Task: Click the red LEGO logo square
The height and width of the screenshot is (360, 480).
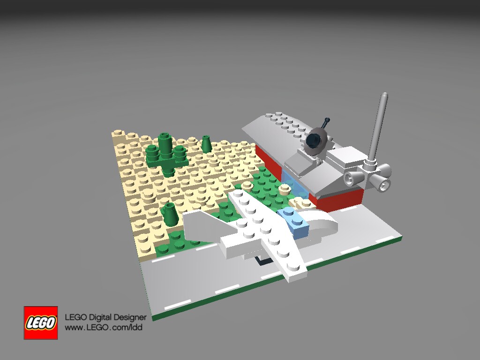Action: tap(41, 322)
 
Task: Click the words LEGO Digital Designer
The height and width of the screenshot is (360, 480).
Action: tap(105, 317)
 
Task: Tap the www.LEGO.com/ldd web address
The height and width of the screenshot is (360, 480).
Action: tap(104, 327)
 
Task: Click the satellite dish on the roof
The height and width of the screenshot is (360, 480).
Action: tap(317, 142)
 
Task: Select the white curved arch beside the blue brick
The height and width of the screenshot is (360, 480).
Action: tap(318, 222)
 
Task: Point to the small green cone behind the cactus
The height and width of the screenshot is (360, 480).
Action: tap(207, 143)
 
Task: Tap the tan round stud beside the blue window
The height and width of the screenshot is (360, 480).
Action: tap(284, 188)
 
